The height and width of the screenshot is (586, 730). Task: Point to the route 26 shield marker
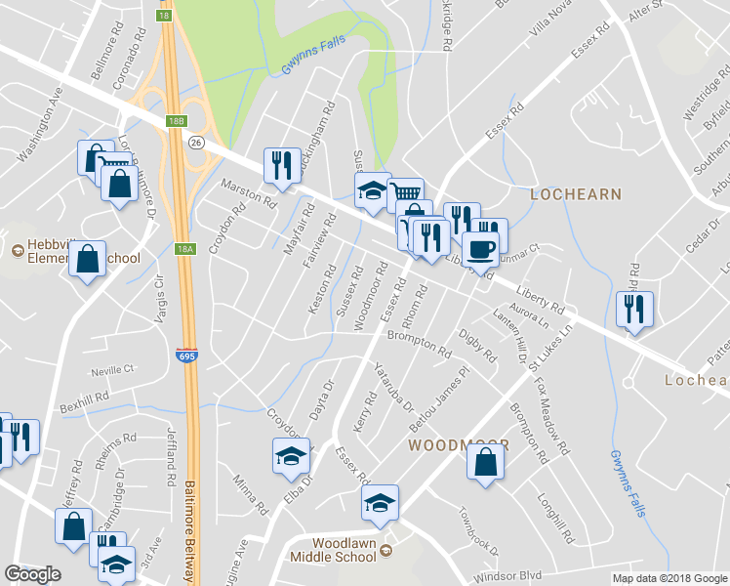196,144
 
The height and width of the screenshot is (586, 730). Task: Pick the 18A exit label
184,250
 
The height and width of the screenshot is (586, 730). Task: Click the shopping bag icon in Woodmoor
485,462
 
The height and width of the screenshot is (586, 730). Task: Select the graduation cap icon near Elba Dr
290,456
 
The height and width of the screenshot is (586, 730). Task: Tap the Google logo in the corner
32,574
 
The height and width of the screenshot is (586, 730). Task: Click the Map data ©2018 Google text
669,578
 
